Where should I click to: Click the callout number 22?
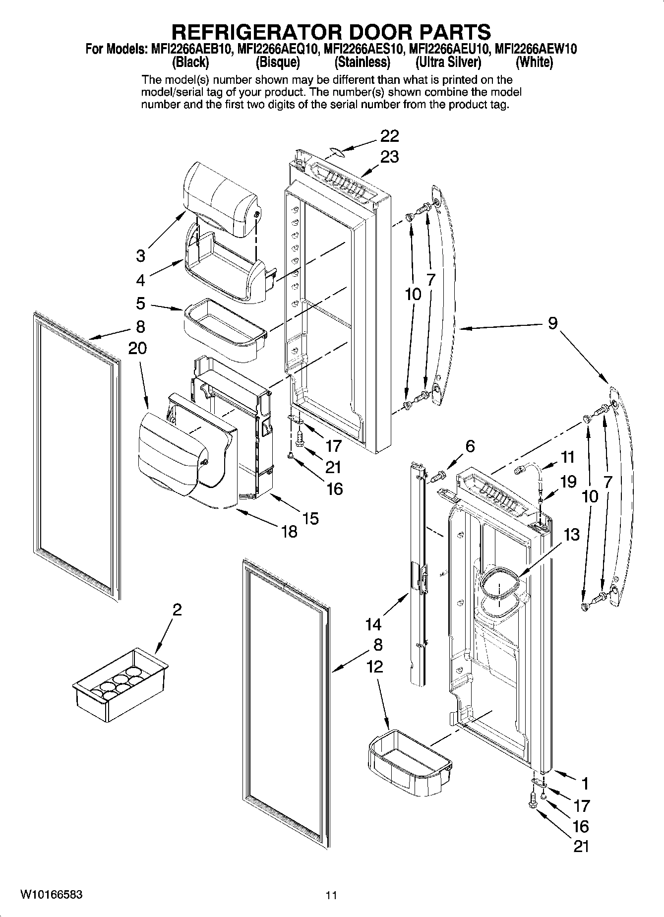389,135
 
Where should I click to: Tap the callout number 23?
389,157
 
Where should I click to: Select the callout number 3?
141,256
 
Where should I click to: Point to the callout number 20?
137,348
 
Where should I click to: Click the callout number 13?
571,535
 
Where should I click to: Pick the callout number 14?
373,623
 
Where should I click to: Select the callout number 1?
585,784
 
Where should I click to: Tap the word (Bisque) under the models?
278,62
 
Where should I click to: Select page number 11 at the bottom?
331,895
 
